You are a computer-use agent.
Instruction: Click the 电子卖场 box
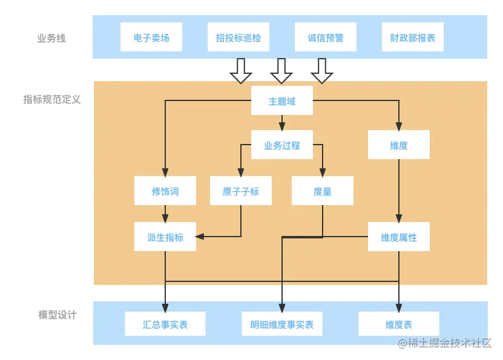[x=151, y=38]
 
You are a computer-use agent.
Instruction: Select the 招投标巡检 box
[x=238, y=38]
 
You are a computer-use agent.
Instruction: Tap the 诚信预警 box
[x=326, y=38]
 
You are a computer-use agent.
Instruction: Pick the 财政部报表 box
[x=413, y=38]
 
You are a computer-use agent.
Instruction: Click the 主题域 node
[x=282, y=100]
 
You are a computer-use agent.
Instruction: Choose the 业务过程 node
[x=282, y=145]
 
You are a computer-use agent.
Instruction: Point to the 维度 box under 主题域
[x=399, y=145]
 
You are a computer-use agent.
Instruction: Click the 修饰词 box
[x=165, y=191]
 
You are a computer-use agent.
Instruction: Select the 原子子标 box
[x=241, y=191]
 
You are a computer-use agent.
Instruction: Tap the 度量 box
[x=323, y=191]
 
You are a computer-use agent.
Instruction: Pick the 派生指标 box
[x=165, y=237]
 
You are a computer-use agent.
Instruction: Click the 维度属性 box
[x=399, y=237]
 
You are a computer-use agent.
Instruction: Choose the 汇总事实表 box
[x=165, y=324]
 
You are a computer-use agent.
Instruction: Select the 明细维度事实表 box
[x=282, y=324]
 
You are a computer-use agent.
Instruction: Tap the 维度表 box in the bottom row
[x=399, y=324]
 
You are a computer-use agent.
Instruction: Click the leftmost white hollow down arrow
[x=241, y=71]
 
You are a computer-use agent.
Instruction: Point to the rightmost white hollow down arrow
[x=322, y=71]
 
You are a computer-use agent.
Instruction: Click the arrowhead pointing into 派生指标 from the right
[x=200, y=237]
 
